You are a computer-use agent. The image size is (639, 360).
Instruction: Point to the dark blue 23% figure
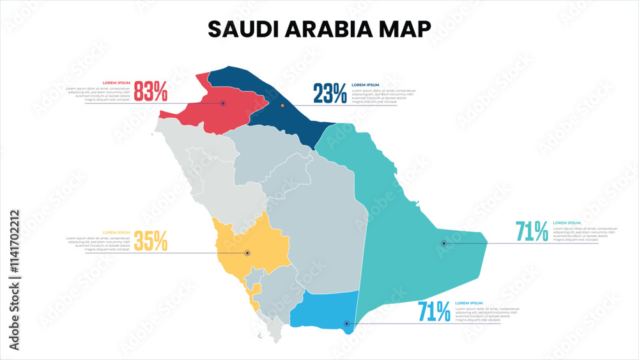tap(330, 94)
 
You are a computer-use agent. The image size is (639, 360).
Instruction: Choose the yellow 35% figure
tap(151, 241)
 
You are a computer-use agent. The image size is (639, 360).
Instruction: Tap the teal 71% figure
tap(532, 231)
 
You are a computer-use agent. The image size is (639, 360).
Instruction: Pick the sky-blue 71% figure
tap(434, 312)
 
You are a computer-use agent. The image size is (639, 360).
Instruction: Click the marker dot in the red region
tap(223, 103)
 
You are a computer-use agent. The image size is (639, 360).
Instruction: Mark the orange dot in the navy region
tap(282, 106)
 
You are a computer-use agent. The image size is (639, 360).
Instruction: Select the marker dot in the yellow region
tap(247, 253)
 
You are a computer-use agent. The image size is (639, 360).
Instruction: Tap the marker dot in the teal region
tap(444, 243)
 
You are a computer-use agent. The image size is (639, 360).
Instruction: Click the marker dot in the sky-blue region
tap(346, 324)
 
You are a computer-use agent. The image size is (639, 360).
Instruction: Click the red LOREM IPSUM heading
tap(116, 83)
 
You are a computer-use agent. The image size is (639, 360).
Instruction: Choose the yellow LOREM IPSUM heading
tap(116, 232)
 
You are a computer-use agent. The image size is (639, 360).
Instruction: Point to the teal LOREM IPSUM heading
tap(567, 223)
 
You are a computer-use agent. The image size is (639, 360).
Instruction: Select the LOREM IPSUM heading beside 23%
tap(366, 84)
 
